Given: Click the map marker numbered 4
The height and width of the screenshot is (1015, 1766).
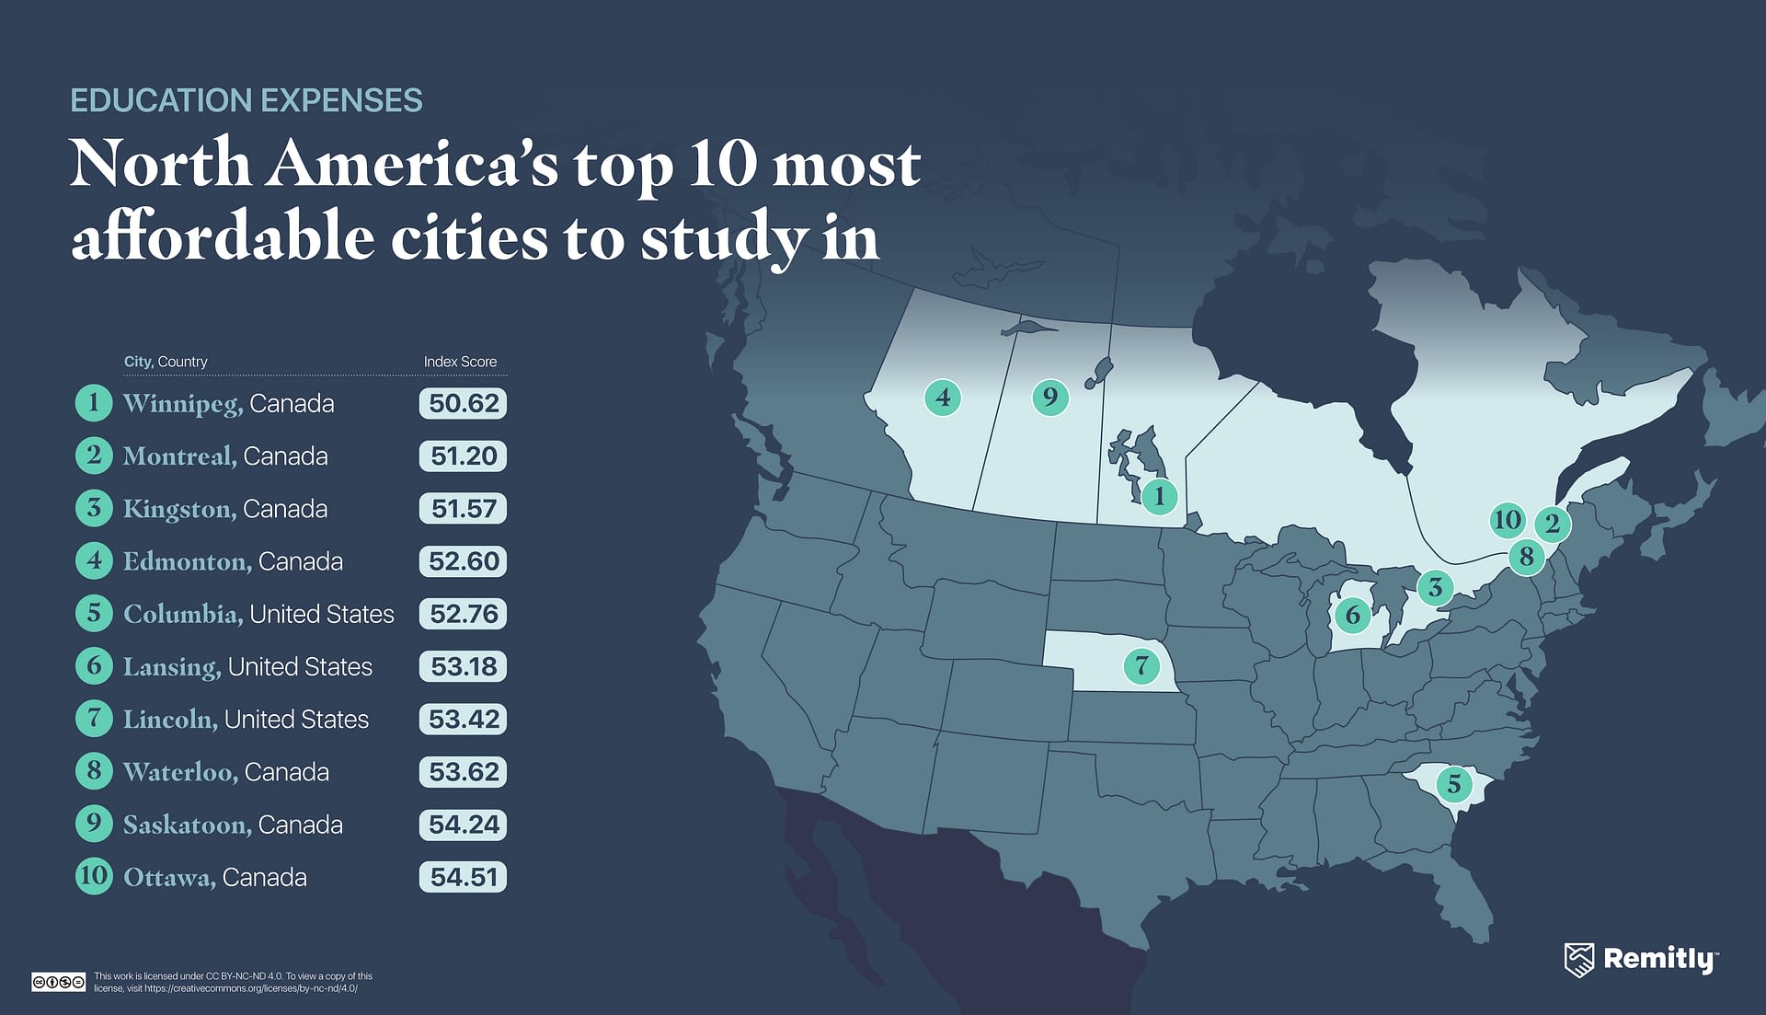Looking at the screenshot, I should click(943, 398).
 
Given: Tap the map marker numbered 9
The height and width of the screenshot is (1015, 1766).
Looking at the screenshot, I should click(1049, 397).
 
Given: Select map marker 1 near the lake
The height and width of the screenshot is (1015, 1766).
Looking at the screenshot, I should click(1159, 496).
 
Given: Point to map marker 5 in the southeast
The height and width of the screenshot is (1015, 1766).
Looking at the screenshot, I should click(1453, 784).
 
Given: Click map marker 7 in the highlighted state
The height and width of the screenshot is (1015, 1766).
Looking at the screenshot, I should click(1141, 664).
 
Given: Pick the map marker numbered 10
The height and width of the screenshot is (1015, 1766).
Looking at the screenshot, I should click(1507, 520).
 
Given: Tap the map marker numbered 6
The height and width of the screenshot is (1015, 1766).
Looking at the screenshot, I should click(1352, 615).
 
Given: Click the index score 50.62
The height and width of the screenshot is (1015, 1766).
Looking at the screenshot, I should click(463, 403).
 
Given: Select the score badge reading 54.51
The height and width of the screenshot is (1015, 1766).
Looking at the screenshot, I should click(463, 877).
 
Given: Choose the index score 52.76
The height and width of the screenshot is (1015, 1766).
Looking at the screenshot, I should click(463, 614).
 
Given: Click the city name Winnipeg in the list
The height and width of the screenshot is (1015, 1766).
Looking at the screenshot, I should click(182, 404).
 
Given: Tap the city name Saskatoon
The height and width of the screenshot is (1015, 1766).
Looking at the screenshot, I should click(187, 825).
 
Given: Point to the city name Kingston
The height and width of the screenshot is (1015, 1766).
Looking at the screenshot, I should click(179, 509).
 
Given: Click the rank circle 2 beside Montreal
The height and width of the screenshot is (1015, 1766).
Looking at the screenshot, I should click(94, 456).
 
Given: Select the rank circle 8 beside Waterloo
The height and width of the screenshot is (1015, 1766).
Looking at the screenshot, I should click(94, 771).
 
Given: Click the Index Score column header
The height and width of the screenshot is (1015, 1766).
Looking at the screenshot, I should click(460, 362).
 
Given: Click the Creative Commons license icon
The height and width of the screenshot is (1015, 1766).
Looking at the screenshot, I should click(58, 982).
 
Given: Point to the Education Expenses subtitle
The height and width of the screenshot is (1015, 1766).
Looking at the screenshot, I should click(246, 100).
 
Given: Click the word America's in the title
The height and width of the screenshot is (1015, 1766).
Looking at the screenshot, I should click(412, 164).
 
